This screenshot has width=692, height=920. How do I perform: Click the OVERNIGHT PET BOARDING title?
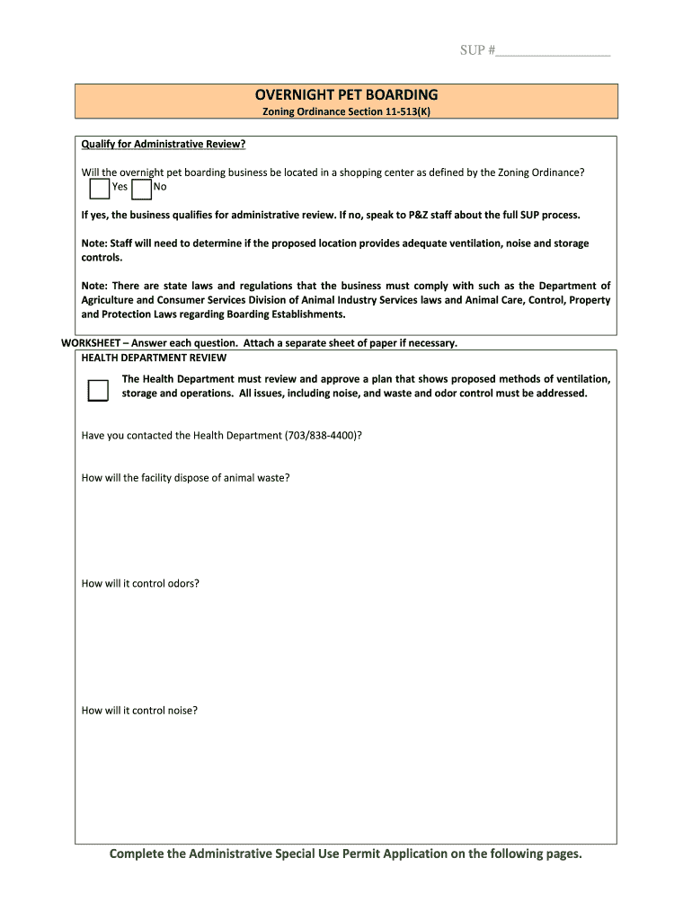click(x=346, y=94)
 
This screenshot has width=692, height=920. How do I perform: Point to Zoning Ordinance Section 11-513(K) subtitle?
click(x=346, y=111)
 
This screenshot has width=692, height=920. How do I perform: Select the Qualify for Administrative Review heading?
click(x=163, y=144)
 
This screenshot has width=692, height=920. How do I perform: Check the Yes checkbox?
click(x=100, y=188)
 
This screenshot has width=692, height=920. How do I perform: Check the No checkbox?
click(x=141, y=188)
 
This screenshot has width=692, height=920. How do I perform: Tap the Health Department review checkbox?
click(x=98, y=390)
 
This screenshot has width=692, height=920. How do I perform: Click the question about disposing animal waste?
click(x=185, y=478)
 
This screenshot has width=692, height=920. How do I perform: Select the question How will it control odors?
click(x=140, y=584)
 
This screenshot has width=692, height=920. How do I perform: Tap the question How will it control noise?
click(x=139, y=711)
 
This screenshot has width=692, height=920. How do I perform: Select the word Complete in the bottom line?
click(x=136, y=854)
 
